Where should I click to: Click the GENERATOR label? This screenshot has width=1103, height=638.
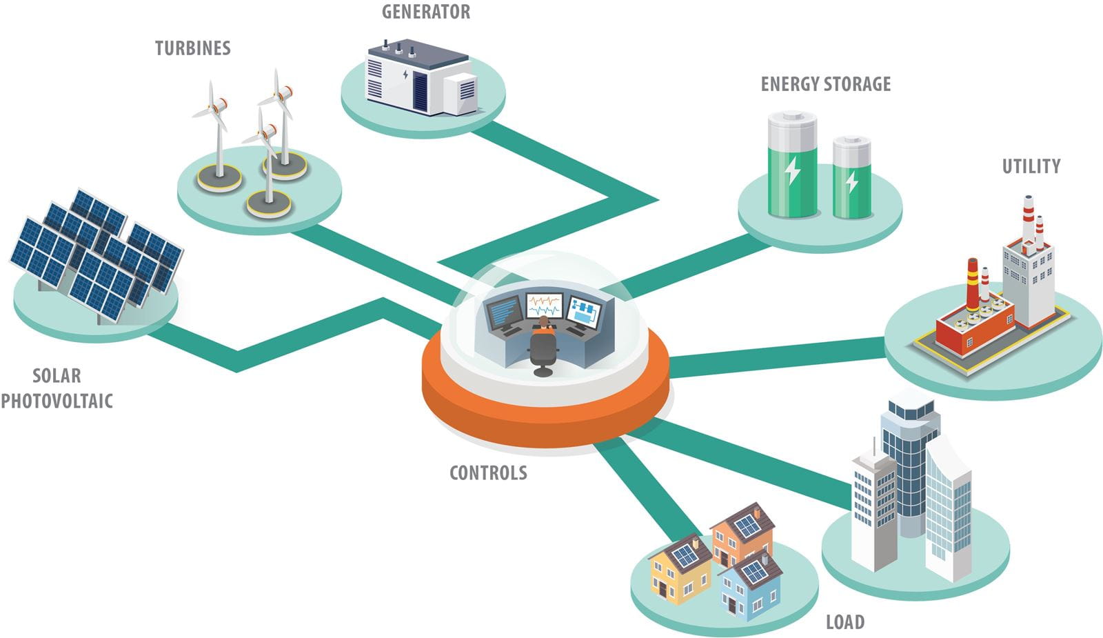(x=425, y=12)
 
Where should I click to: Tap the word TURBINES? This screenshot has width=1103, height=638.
(x=192, y=48)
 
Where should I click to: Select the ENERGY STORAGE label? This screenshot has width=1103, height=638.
(x=825, y=84)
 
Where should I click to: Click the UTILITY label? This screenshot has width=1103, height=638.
(x=1031, y=166)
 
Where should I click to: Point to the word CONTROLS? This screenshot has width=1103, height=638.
(x=488, y=473)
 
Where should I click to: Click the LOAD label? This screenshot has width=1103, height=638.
(x=844, y=622)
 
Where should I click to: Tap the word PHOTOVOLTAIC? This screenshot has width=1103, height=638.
(x=57, y=401)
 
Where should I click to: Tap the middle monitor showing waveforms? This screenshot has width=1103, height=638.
(x=544, y=305)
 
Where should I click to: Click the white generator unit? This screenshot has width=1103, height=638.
(x=421, y=79)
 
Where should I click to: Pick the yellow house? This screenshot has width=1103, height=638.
(x=680, y=572)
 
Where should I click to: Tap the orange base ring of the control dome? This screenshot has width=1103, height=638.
(x=545, y=414)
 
